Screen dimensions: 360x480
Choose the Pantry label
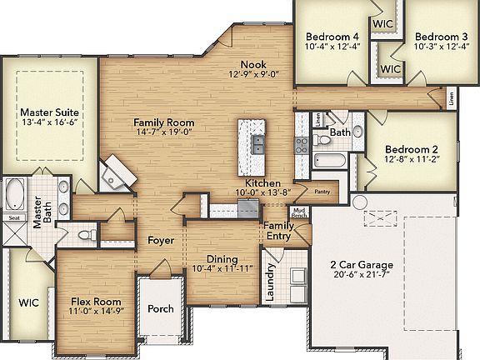[x=323, y=191]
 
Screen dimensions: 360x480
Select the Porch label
[x=161, y=308]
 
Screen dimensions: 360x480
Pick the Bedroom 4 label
[x=332, y=37]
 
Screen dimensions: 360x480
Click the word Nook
[x=253, y=64]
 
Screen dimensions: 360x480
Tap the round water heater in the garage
[x=359, y=202]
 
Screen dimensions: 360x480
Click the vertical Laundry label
[x=271, y=283]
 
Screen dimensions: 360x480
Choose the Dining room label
[x=216, y=259]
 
